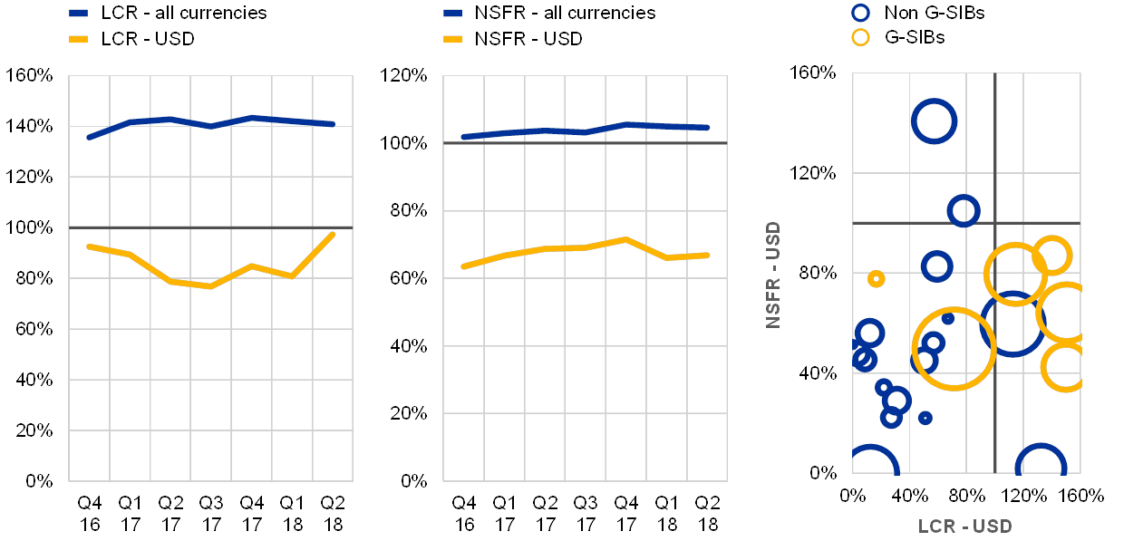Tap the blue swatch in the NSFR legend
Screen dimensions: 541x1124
(453, 14)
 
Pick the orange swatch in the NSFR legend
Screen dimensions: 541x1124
(453, 39)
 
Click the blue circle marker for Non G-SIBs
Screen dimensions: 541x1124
(860, 13)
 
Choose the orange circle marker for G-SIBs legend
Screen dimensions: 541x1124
(860, 38)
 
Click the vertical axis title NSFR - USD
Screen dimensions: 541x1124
(773, 274)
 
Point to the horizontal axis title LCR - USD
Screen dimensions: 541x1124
(964, 527)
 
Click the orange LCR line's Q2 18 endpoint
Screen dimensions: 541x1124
(334, 234)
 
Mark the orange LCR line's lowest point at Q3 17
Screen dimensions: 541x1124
(211, 286)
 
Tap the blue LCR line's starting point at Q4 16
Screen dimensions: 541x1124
(88, 138)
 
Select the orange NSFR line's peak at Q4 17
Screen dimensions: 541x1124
(625, 239)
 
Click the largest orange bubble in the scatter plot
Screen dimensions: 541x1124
(954, 349)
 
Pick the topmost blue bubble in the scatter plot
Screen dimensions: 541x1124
(934, 121)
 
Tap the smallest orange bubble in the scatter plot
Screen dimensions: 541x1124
(876, 278)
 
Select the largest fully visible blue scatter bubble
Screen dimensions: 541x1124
(1013, 324)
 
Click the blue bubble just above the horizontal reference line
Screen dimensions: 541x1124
(963, 211)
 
